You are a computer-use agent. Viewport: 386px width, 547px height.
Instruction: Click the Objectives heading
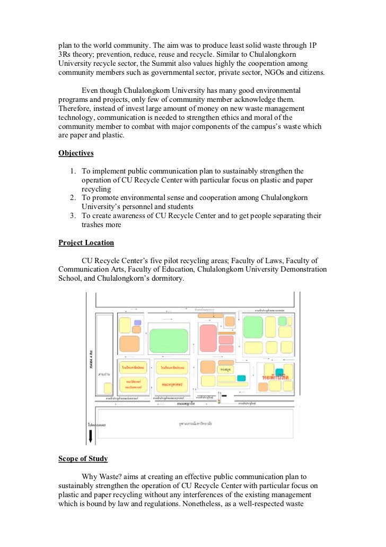pyautogui.click(x=76, y=153)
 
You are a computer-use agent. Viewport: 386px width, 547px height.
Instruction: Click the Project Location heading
pyautogui.click(x=86, y=242)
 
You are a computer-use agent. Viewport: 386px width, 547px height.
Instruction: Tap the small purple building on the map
pyautogui.click(x=137, y=322)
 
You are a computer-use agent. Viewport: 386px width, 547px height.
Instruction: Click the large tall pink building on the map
pyautogui.click(x=208, y=338)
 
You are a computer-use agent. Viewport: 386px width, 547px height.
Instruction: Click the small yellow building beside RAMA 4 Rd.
pyautogui.click(x=108, y=388)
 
